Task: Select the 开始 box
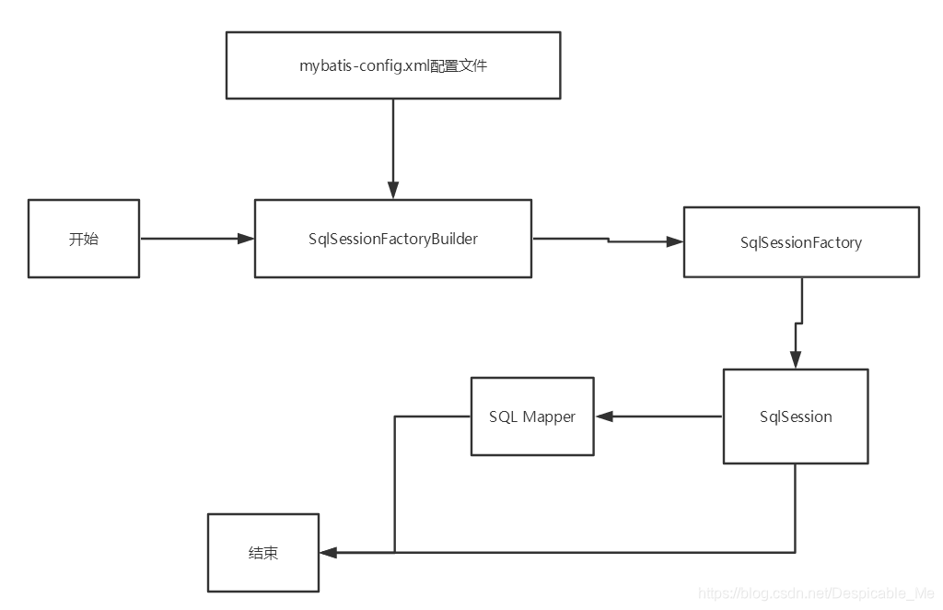coord(84,239)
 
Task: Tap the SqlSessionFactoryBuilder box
coord(393,239)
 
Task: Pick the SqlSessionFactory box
coord(800,242)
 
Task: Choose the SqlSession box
coord(796,416)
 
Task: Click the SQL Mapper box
coord(532,416)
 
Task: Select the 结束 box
coord(263,553)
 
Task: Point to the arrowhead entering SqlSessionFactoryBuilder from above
coord(393,191)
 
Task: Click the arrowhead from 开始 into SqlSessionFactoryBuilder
coord(246,239)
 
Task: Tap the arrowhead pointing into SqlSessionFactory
coord(675,242)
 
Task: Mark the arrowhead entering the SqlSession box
coord(795,361)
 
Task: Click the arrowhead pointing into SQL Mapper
coord(603,416)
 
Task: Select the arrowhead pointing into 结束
coord(328,553)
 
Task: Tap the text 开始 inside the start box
coord(84,239)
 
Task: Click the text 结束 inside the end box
coord(263,553)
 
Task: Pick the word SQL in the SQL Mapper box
coord(503,416)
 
